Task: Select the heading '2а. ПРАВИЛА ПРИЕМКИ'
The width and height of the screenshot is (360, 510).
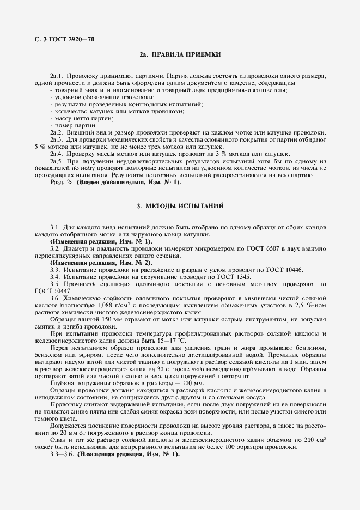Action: tap(180, 55)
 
